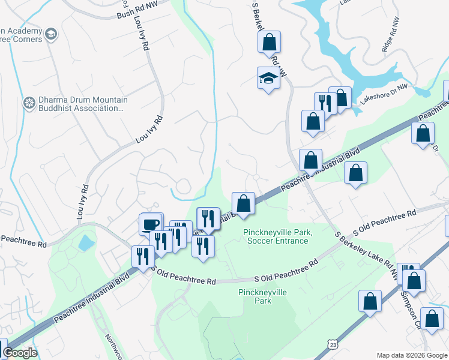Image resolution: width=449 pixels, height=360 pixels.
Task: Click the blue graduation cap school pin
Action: tap(269, 78)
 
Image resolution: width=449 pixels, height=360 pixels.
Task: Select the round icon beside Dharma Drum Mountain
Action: tap(28, 103)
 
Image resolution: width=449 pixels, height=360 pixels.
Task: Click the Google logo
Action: tap(19, 353)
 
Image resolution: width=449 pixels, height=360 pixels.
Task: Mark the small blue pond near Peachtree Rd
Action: tap(86, 243)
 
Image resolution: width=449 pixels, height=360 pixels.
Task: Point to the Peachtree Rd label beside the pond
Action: tap(24, 245)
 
